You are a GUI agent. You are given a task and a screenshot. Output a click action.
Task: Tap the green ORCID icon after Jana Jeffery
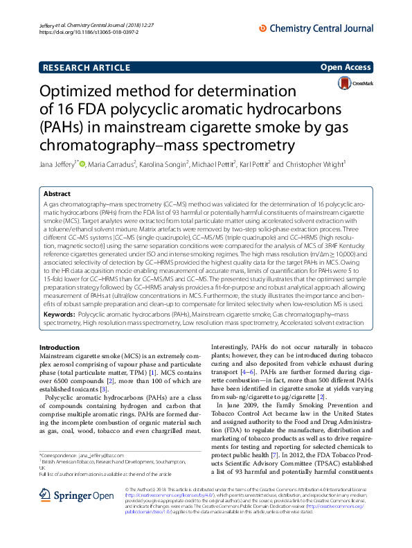[x=82, y=164]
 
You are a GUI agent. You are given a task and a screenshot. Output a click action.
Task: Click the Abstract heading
[x=57, y=195]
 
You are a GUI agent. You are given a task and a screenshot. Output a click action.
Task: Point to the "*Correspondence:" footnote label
[x=59, y=454]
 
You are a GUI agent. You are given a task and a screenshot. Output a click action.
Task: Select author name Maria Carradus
[x=111, y=164]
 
